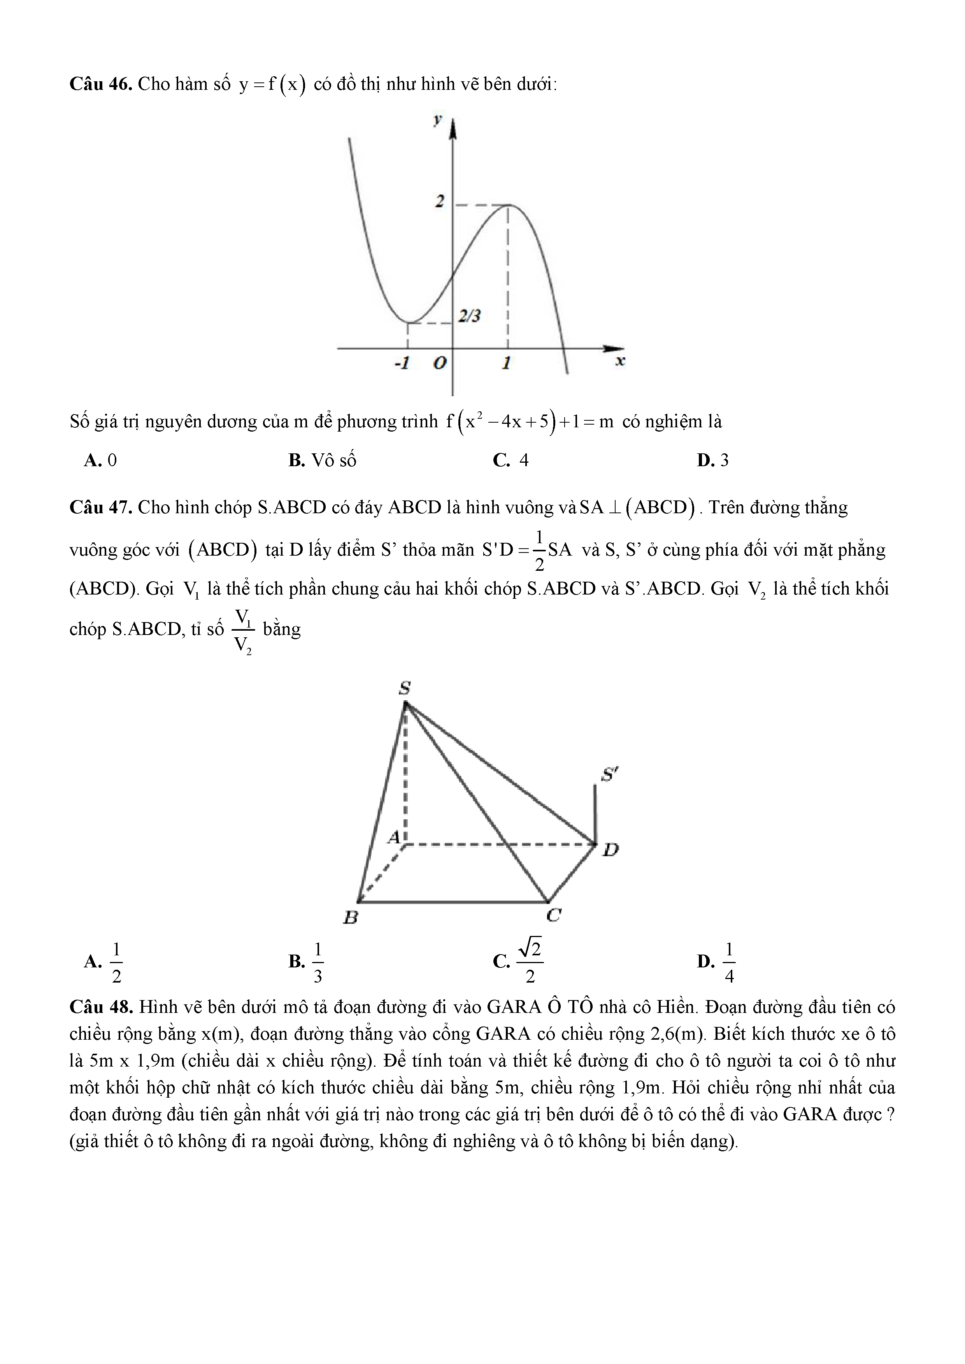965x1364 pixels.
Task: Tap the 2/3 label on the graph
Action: point(469,316)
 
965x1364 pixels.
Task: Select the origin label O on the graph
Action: point(439,363)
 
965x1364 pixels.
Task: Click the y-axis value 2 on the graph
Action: point(439,201)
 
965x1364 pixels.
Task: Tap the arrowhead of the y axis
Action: point(453,128)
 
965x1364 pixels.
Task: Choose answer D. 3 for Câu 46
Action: point(713,460)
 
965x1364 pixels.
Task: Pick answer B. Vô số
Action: point(322,460)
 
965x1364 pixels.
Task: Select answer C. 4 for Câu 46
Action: point(511,460)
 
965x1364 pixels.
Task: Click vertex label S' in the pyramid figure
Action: point(609,775)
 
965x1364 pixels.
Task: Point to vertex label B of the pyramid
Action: point(351,918)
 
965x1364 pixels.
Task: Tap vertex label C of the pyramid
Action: point(554,915)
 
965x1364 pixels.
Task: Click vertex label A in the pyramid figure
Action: point(394,837)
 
